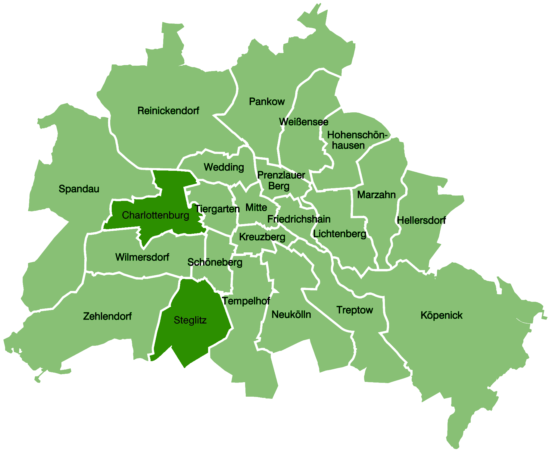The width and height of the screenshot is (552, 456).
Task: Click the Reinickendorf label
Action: coord(168,111)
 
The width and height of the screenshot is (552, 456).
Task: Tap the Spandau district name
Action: coord(79,189)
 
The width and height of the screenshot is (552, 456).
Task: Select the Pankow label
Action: coord(267,102)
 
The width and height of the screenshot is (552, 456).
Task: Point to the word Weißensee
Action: coord(304,122)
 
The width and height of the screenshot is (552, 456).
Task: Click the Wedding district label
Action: coord(224,167)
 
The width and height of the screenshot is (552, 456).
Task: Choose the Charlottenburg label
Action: coord(155,215)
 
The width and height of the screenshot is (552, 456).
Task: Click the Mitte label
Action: coord(256,208)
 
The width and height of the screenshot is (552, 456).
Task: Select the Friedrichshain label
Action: coord(299,219)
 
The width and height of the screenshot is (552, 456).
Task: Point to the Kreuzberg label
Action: coord(262,237)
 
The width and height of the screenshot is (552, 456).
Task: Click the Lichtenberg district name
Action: coord(340,234)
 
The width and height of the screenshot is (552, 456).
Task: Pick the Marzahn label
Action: coord(376,195)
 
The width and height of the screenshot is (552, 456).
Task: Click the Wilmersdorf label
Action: coord(142,257)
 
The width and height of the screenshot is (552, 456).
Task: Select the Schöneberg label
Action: coord(215,262)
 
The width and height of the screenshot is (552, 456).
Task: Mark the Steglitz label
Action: coord(190,320)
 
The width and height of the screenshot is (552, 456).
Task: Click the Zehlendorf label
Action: coord(107,316)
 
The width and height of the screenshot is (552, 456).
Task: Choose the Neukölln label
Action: coord(291,315)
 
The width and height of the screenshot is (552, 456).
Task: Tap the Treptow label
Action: coord(354,310)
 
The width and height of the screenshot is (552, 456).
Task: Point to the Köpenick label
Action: coord(441,315)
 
